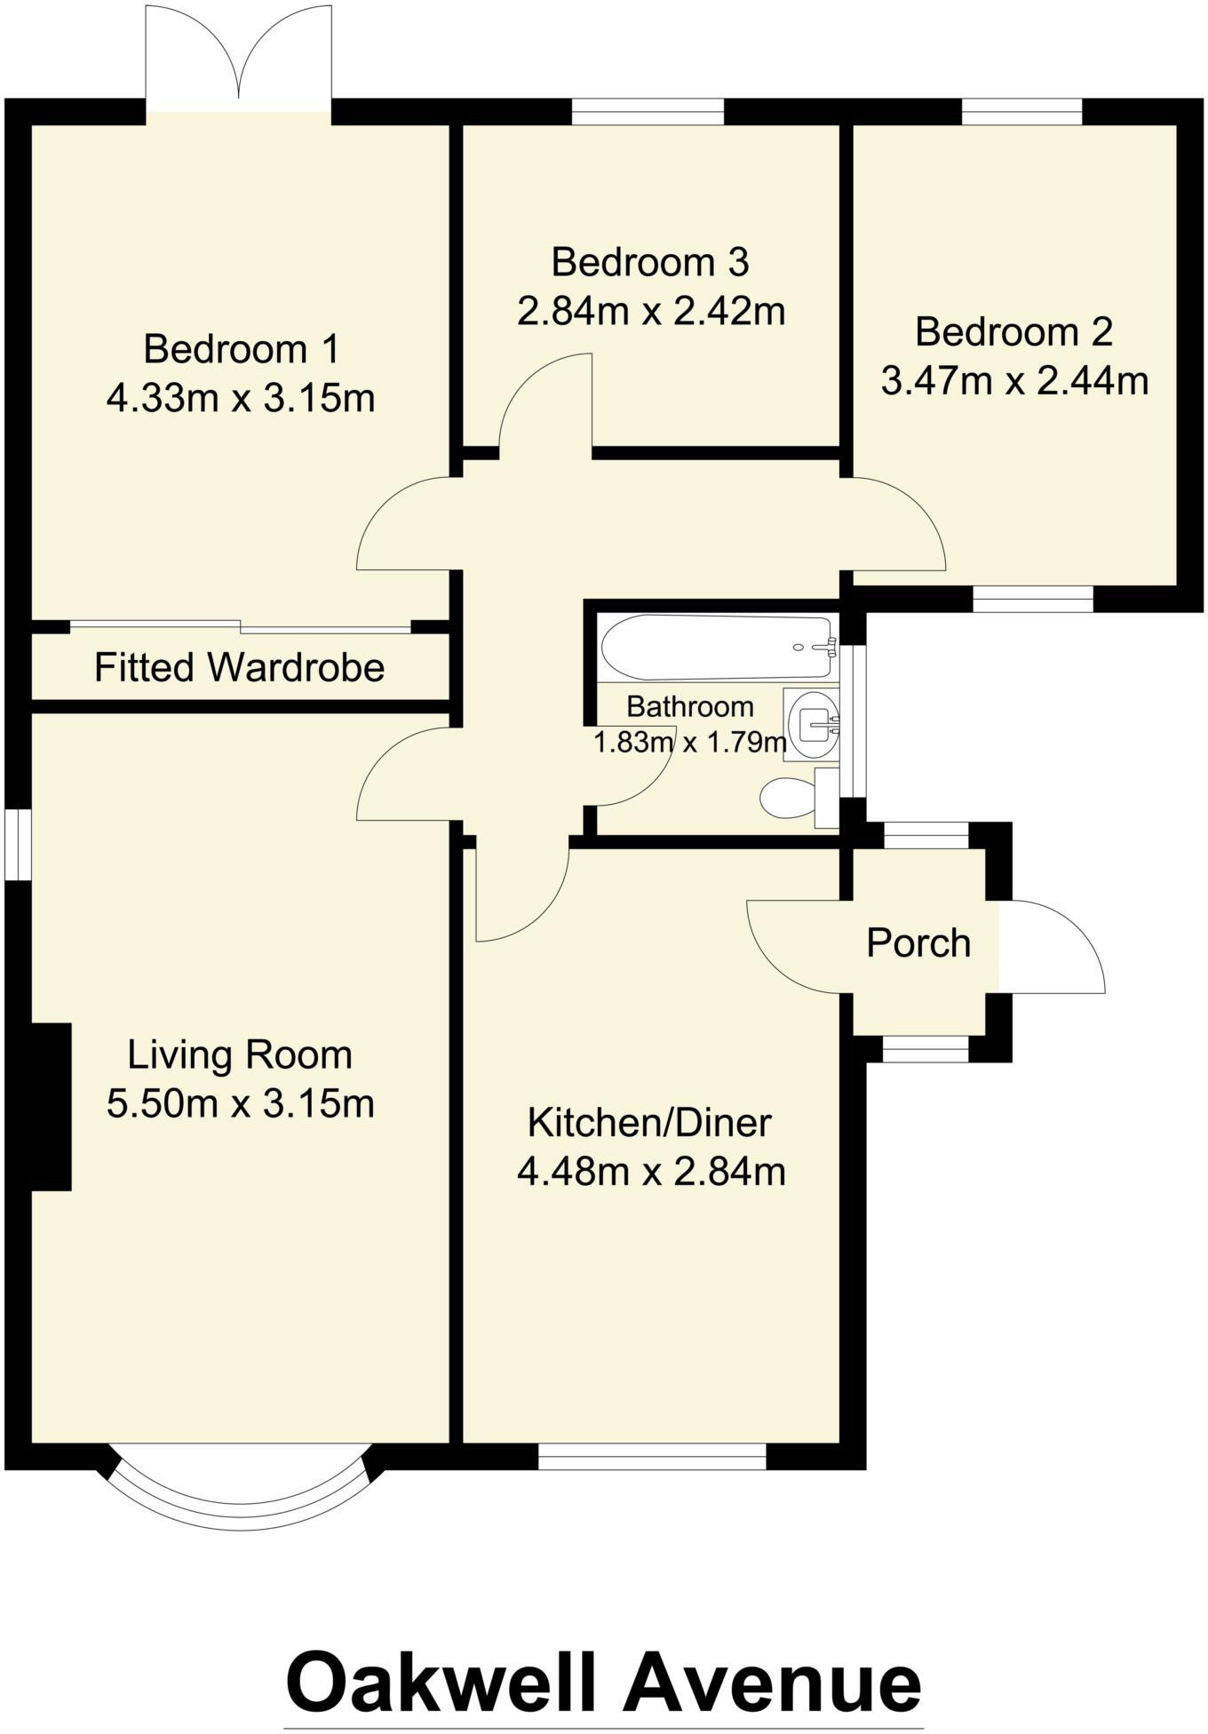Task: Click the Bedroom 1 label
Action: click(241, 348)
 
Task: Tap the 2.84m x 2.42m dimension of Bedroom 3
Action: click(651, 312)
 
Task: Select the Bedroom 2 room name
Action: click(1013, 332)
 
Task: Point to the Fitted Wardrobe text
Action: click(239, 667)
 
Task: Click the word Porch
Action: click(918, 943)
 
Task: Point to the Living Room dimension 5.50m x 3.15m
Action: click(240, 1104)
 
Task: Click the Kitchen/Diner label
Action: click(649, 1123)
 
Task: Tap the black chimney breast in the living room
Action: click(51, 1106)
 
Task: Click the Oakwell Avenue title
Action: click(603, 1682)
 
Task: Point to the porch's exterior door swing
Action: click(1053, 946)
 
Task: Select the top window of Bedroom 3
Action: click(648, 111)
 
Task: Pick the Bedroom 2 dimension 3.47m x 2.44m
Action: click(1014, 381)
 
